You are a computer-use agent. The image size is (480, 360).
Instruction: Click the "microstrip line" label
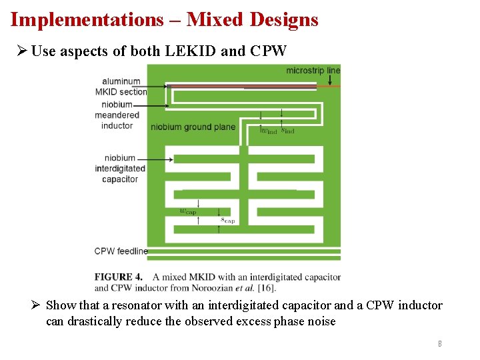(x=313, y=70)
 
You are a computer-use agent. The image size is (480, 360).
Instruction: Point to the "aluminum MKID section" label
(x=120, y=87)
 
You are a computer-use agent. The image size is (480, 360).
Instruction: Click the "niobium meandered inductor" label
(x=117, y=115)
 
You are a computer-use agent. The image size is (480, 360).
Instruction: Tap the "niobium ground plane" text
(x=193, y=127)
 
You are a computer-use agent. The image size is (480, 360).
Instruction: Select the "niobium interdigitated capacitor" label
(x=120, y=169)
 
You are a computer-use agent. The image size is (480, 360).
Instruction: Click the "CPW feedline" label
(x=121, y=251)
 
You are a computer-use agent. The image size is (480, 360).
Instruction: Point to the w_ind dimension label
(x=268, y=131)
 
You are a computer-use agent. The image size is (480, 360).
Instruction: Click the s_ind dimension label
(x=287, y=131)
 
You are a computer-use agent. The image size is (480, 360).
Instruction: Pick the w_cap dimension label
(x=188, y=211)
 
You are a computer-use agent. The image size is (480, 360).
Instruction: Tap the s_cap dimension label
(x=227, y=219)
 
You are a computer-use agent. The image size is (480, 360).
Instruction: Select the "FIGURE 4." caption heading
(x=118, y=277)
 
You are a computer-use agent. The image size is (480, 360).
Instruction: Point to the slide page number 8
(x=439, y=344)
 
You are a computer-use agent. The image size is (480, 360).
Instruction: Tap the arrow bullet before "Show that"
(x=37, y=305)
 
